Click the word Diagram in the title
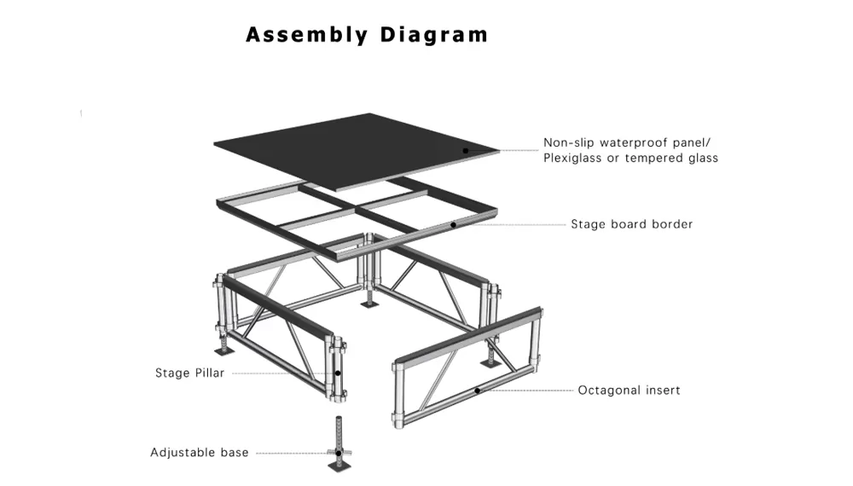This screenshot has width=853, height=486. (434, 35)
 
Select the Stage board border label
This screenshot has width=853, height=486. (631, 224)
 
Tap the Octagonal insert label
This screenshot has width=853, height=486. (629, 391)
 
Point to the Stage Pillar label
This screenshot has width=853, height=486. (189, 373)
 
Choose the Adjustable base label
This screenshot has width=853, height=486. (200, 453)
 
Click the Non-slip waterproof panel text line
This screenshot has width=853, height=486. (630, 142)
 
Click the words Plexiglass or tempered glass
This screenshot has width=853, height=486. (630, 158)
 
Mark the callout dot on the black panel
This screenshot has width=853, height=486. (466, 150)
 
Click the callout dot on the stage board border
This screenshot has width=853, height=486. (454, 225)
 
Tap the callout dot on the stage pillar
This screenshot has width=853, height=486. (338, 373)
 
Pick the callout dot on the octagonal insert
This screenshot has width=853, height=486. (478, 391)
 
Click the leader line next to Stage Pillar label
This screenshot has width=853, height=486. (281, 373)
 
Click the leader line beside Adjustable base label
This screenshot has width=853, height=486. (290, 453)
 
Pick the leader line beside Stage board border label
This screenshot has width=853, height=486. (512, 225)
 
